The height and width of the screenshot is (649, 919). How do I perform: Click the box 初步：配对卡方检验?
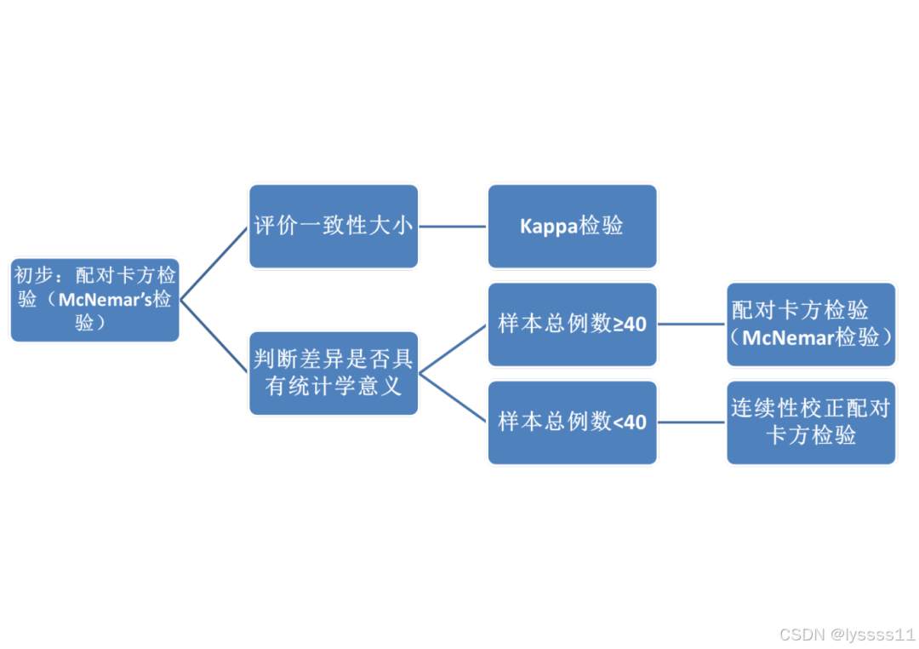[94, 300]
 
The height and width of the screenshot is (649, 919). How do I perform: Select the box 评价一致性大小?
[334, 226]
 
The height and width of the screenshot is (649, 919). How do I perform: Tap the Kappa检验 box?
[572, 226]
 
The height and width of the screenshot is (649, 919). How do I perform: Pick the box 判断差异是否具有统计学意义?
[334, 373]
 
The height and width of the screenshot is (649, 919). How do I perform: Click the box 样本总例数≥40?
[572, 324]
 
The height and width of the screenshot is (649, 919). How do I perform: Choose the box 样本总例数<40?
[572, 422]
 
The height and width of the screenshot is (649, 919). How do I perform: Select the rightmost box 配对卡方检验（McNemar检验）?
[811, 324]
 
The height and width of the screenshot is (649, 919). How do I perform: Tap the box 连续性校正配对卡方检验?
[811, 422]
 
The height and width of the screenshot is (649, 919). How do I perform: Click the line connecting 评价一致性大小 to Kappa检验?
[453, 227]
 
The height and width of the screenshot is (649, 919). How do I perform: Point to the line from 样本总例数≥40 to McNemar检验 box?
[691, 324]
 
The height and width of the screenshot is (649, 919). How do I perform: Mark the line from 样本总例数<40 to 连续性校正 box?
[691, 422]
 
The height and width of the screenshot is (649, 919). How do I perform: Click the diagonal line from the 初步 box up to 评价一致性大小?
[214, 262]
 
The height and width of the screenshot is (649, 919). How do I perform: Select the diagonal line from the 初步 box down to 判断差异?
[214, 336]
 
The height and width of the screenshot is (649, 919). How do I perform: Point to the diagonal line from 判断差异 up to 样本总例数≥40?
[453, 348]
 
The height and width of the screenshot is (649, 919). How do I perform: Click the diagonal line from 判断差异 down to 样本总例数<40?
[453, 397]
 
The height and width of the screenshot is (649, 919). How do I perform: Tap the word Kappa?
[550, 227]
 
